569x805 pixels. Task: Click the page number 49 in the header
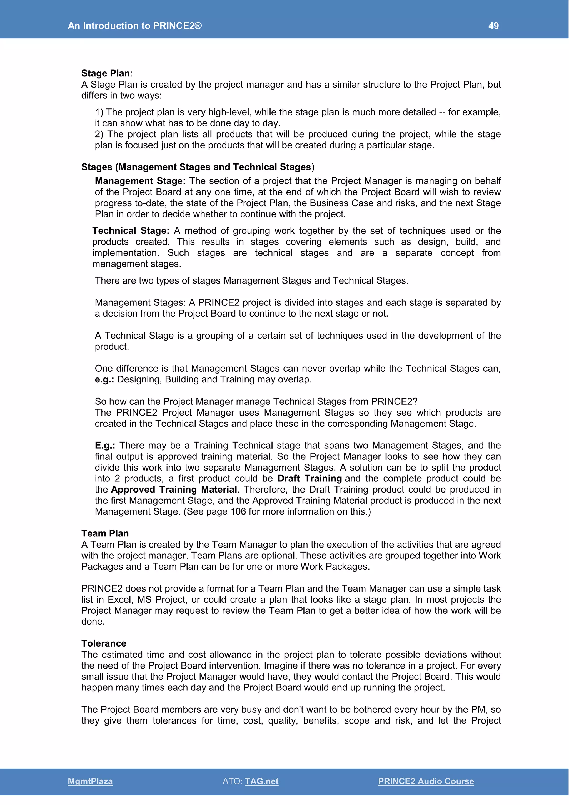[x=493, y=26]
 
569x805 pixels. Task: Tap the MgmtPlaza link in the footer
[x=90, y=781]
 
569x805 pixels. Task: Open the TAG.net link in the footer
[x=262, y=781]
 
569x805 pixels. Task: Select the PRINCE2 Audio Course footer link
[x=426, y=781]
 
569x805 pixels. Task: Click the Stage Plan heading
[x=106, y=73]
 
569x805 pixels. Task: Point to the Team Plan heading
[x=105, y=533]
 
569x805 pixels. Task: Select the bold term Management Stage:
[x=140, y=181]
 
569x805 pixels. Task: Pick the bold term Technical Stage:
[x=131, y=231]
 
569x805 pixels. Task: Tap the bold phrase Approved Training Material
[x=174, y=490]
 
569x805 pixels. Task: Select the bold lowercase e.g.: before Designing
[x=104, y=379]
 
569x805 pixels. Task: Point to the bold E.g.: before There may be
[x=105, y=445]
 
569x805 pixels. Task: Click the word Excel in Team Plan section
[x=120, y=600]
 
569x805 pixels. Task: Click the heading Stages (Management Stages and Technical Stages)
[x=198, y=167]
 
